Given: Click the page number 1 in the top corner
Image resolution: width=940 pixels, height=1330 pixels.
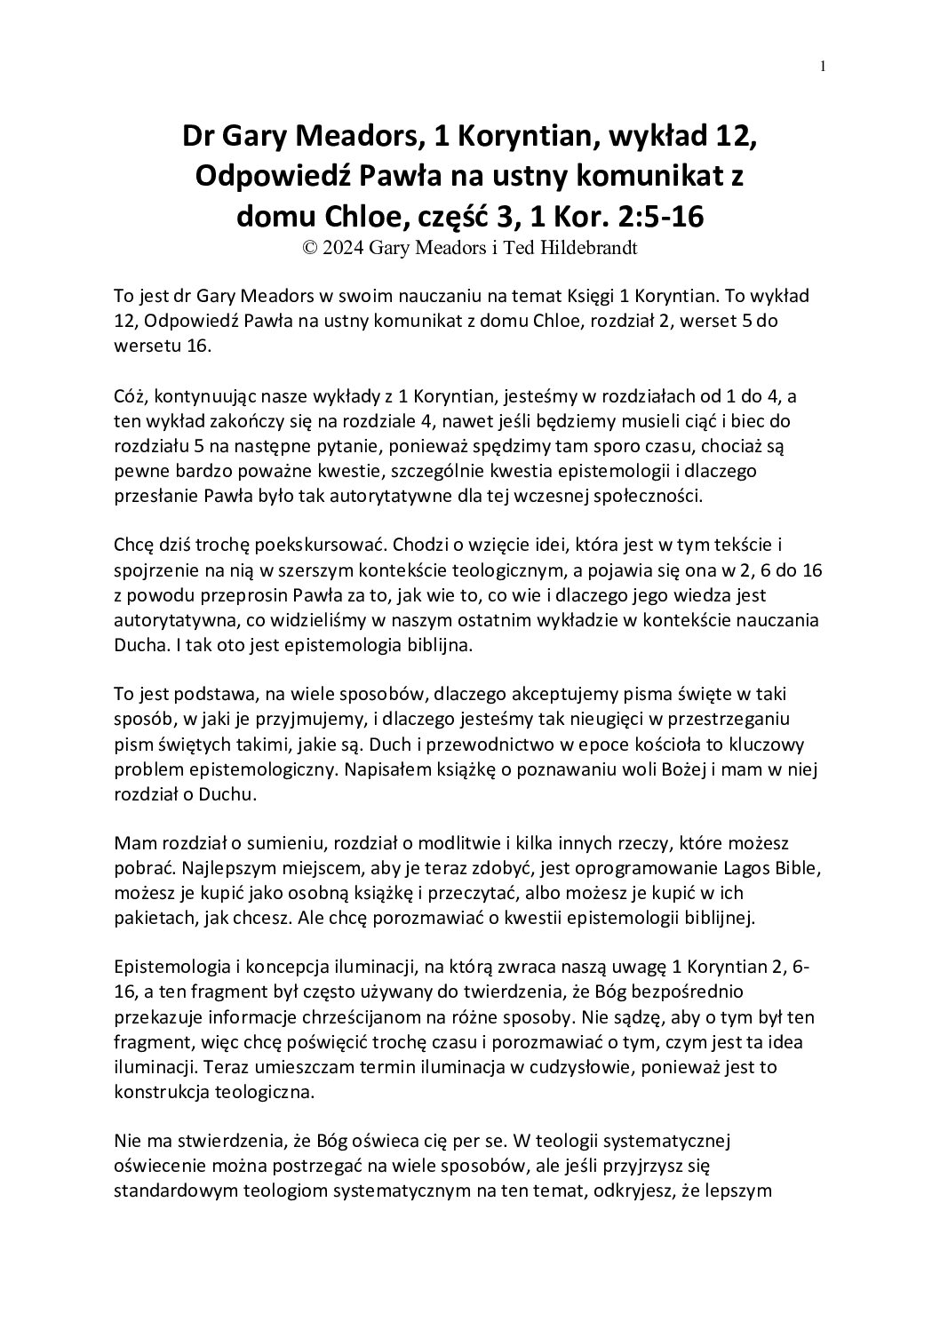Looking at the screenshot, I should click(x=824, y=65).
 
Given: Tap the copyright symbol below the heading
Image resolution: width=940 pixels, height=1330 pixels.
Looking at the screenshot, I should click(x=311, y=250).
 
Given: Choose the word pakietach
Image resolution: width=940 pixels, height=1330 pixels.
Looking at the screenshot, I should click(x=147, y=918).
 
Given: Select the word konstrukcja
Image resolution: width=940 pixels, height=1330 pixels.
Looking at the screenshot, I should click(x=155, y=1092).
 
